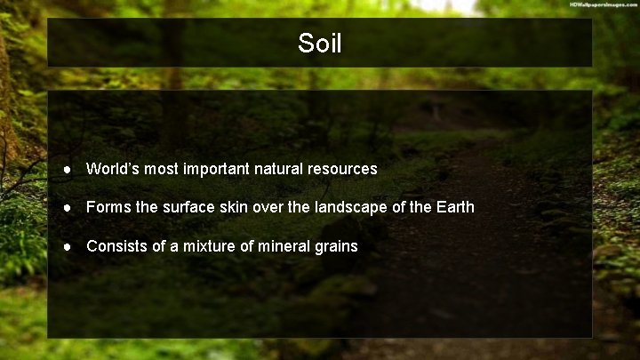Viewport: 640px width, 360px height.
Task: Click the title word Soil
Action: click(x=320, y=44)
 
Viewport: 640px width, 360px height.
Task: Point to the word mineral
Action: click(x=284, y=246)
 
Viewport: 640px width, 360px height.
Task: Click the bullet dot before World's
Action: click(x=67, y=169)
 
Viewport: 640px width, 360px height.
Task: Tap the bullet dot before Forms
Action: click(x=67, y=207)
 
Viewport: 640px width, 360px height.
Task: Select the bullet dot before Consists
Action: click(x=67, y=246)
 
